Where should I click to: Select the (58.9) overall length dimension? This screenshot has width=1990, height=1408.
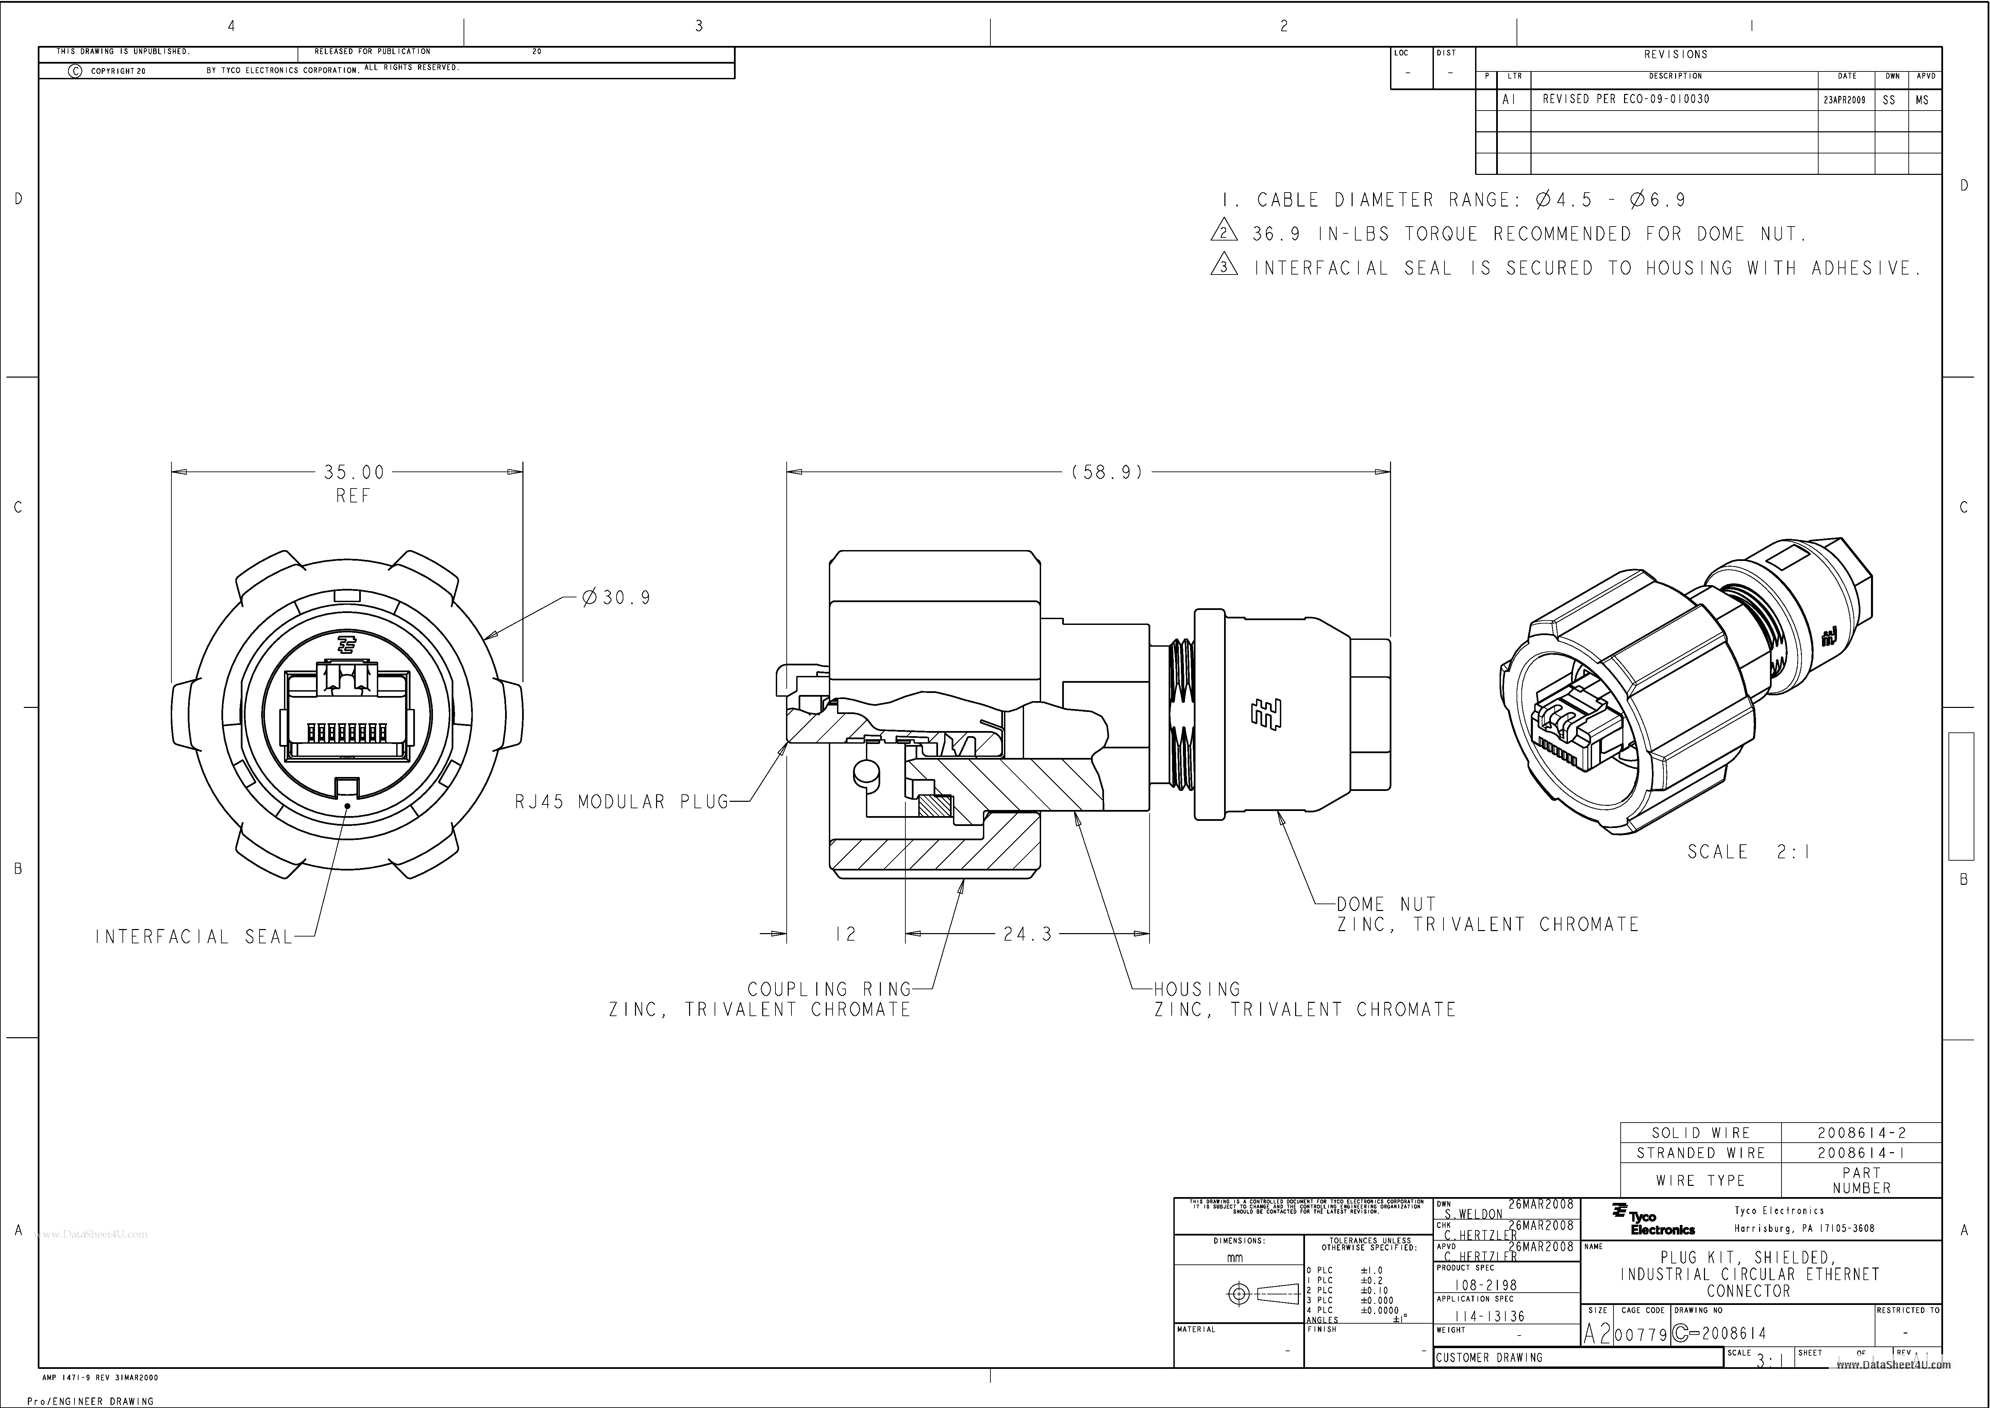click(x=1108, y=473)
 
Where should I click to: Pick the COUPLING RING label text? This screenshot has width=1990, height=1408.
click(x=829, y=989)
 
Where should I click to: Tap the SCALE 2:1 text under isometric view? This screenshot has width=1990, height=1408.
click(x=1748, y=852)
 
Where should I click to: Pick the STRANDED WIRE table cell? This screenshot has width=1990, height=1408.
click(x=1701, y=1153)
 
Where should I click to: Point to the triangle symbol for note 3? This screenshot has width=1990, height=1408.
click(x=1223, y=267)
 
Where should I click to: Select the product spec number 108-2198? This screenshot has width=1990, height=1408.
click(x=1486, y=1286)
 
